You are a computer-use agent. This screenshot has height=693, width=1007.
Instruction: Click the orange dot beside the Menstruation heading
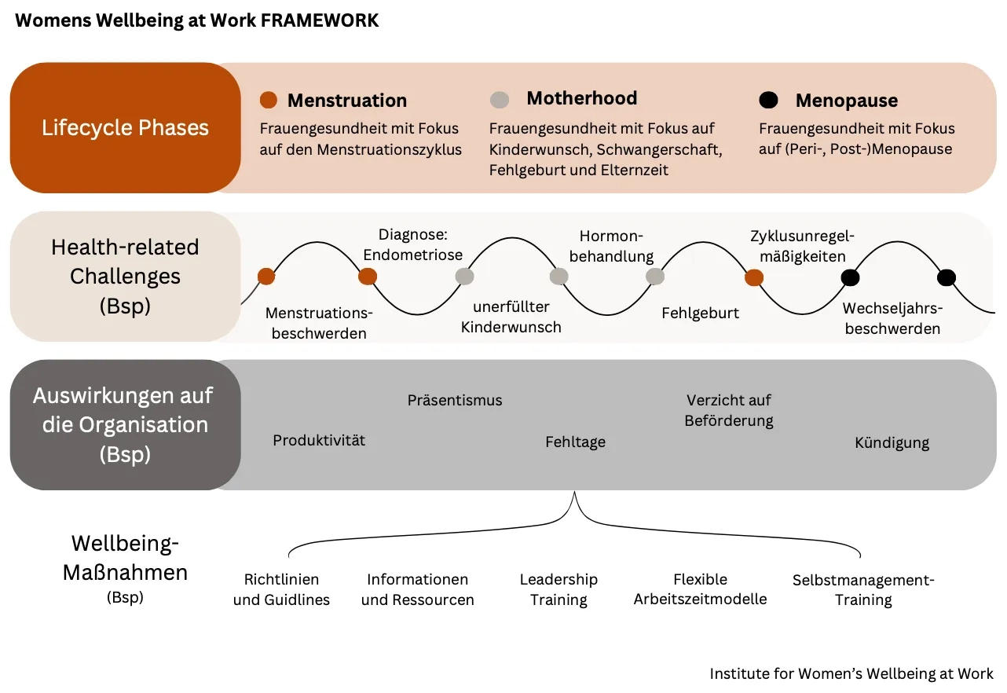pos(269,100)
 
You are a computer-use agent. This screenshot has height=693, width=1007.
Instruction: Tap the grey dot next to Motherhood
pos(499,100)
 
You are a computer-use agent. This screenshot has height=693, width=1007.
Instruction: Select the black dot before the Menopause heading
pos(768,100)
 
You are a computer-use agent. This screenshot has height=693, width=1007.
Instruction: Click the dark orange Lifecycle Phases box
pos(126,128)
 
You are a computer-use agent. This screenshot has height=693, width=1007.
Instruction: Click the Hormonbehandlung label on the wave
pos(611,246)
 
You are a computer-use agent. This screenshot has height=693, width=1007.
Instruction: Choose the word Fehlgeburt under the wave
pos(700,313)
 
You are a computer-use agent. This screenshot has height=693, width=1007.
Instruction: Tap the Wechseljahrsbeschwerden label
pos(892,318)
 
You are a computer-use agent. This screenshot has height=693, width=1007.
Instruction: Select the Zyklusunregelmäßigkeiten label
pos(802,246)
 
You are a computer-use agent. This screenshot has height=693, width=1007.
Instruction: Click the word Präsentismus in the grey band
pos(455,400)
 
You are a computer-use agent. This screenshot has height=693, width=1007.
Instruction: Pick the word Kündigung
pos(892,443)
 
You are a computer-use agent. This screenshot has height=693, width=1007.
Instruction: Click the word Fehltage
pos(575,442)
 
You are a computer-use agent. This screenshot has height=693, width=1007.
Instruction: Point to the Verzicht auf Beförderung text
pos(729,410)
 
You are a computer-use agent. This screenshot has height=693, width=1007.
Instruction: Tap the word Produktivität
pos(319,440)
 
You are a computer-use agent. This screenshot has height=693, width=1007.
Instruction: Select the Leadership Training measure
pos(558,589)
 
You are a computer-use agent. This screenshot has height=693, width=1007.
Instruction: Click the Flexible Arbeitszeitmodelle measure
pos(700,589)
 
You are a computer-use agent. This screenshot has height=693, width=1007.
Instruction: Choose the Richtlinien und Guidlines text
pos(281,589)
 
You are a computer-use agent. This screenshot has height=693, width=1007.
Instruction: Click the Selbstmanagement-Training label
pos(863,590)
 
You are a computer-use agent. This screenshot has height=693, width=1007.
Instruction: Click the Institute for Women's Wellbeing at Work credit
pos(851,673)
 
